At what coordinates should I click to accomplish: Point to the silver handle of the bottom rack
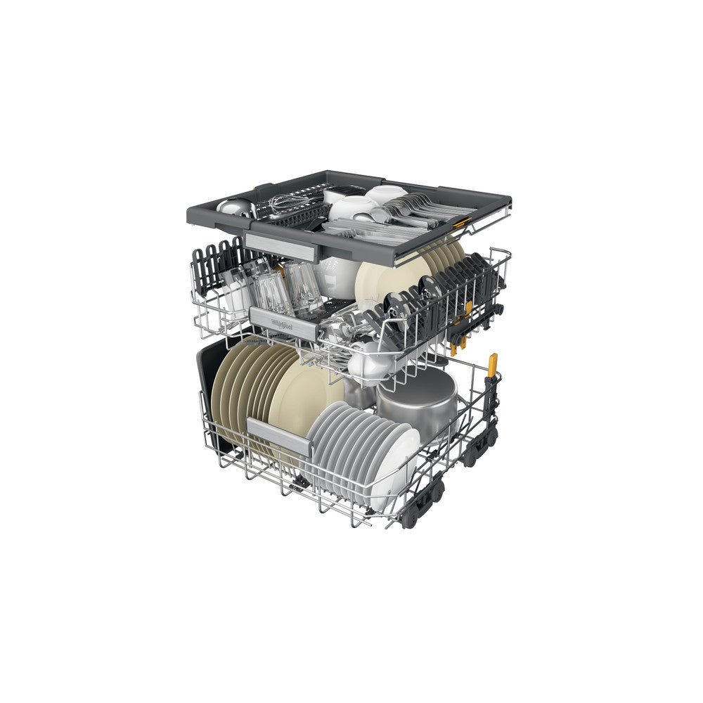278,434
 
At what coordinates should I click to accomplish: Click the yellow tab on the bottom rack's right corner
493,365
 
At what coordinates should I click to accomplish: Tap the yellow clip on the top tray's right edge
460,223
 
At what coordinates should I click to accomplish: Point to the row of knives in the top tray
366,228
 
